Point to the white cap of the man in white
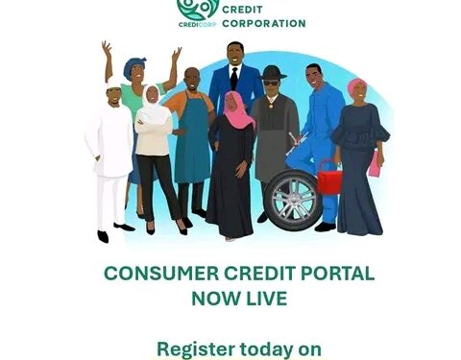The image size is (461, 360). [114, 84]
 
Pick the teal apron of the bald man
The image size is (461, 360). [192, 144]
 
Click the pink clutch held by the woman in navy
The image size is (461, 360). [374, 164]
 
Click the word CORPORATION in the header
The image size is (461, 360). [264, 22]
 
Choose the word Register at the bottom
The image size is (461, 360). [195, 348]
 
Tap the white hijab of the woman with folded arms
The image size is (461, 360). [153, 100]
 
